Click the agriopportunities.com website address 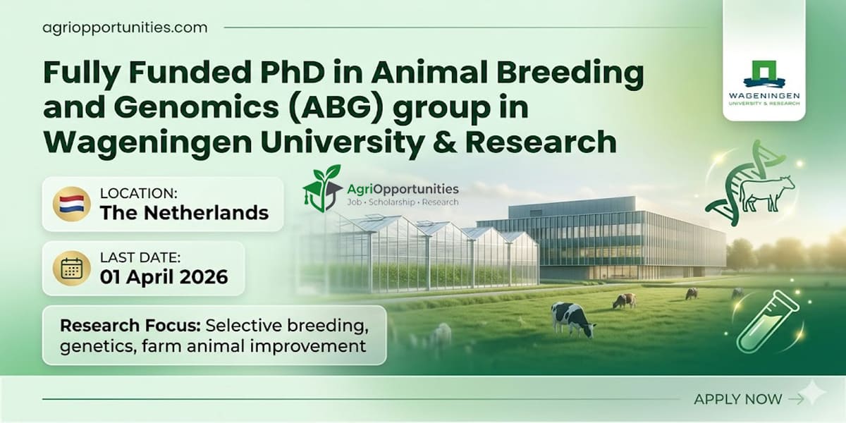(x=125, y=28)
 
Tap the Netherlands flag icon (x=71, y=204)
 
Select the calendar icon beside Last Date (x=71, y=269)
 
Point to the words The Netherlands (x=184, y=212)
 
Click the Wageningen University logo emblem (x=764, y=73)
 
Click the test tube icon (x=768, y=321)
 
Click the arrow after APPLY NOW (x=796, y=399)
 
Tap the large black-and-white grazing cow (x=572, y=319)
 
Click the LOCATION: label (x=138, y=192)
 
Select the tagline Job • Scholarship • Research (x=403, y=202)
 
